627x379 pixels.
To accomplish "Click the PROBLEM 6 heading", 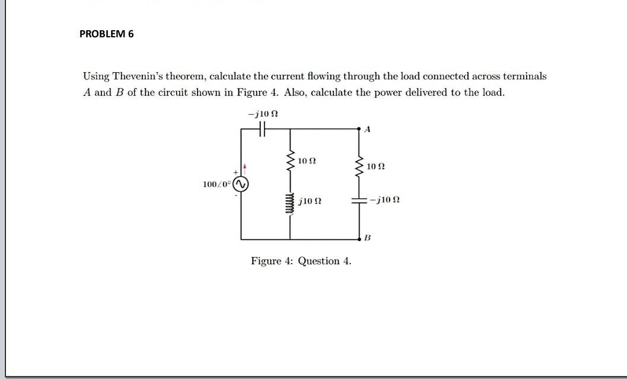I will pyautogui.click(x=107, y=34).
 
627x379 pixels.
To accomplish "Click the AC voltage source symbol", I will pyautogui.click(x=241, y=185).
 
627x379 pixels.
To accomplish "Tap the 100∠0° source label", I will pyautogui.click(x=217, y=185).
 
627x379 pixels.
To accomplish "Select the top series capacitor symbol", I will pyautogui.click(x=263, y=129).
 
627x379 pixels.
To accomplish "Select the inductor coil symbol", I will pyautogui.click(x=291, y=202).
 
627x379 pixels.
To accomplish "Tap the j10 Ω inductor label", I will pyautogui.click(x=310, y=201).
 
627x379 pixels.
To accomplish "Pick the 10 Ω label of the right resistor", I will pyautogui.click(x=375, y=167).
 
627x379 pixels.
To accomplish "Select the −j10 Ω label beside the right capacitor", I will pyautogui.click(x=384, y=200).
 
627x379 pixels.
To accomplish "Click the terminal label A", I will pyautogui.click(x=367, y=130).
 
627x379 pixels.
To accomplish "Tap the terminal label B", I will pyautogui.click(x=367, y=238).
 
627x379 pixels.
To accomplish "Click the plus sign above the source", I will pyautogui.click(x=235, y=172).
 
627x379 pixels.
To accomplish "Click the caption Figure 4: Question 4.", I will pyautogui.click(x=301, y=261).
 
